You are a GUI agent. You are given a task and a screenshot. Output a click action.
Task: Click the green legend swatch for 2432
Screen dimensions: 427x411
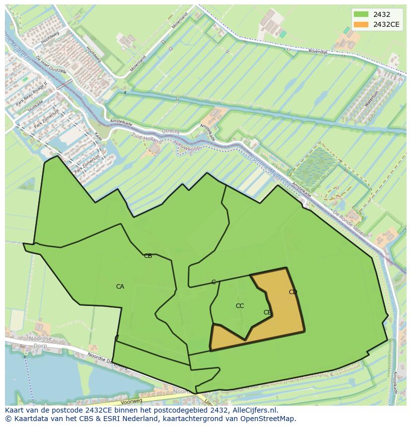point(361,14)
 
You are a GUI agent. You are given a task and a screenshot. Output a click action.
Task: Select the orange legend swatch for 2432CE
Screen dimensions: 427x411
point(361,24)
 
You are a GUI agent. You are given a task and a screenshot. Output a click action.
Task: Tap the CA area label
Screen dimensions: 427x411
point(120,287)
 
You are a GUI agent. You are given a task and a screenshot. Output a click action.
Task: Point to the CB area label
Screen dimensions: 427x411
point(148,256)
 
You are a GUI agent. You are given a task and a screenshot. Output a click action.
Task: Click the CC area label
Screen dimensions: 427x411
point(240,306)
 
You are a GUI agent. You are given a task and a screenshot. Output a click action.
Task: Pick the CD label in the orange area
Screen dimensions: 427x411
point(293,292)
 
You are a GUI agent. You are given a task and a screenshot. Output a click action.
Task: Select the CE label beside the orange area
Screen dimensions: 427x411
point(267,312)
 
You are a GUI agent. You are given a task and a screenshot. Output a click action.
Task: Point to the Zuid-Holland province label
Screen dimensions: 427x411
point(146,138)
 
